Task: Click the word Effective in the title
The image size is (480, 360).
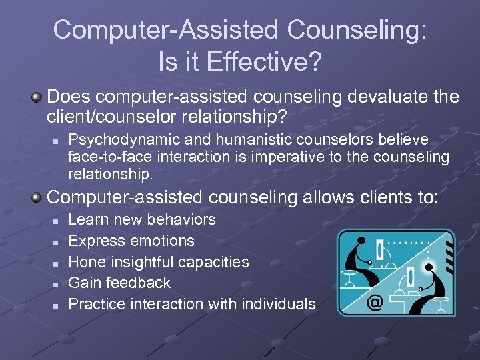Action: pyautogui.click(x=263, y=62)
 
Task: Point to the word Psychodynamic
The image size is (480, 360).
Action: pyautogui.click(x=120, y=139)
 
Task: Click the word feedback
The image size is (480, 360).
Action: pyautogui.click(x=139, y=283)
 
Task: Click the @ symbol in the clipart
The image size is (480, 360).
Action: pyautogui.click(x=375, y=302)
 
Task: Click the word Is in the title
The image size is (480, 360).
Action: pyautogui.click(x=167, y=62)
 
